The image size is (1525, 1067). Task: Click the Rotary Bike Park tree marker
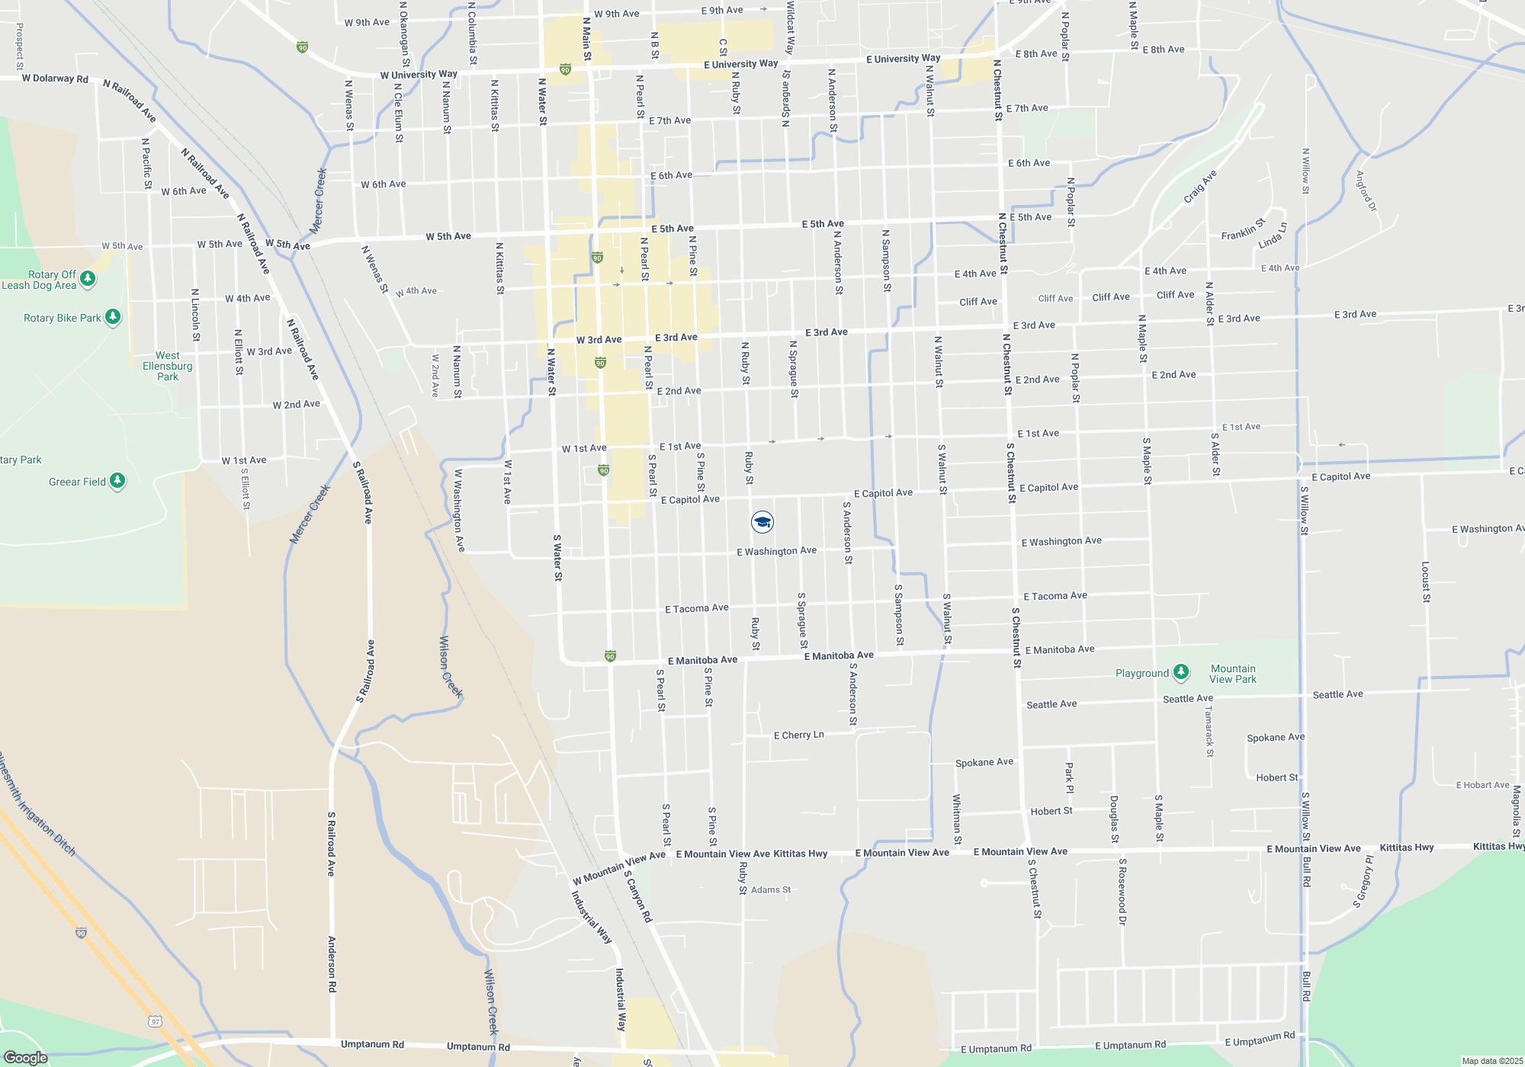click(113, 316)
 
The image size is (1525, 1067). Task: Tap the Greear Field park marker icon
click(117, 481)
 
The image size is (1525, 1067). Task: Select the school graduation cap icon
click(762, 522)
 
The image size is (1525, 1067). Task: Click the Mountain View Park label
click(1233, 674)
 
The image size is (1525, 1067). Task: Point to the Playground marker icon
click(1181, 671)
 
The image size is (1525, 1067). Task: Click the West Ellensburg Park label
click(168, 366)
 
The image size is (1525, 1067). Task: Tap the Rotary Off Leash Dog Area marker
click(88, 279)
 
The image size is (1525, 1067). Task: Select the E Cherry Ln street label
click(798, 735)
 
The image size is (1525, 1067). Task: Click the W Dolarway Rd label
click(55, 79)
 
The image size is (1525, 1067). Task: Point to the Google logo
click(25, 1058)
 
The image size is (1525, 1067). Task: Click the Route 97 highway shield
click(156, 1021)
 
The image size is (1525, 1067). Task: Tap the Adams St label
click(771, 889)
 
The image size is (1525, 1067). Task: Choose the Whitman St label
click(957, 819)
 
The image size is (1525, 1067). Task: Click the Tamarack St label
click(1209, 731)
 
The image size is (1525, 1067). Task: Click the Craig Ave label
click(1200, 187)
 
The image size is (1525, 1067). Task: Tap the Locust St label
click(1426, 582)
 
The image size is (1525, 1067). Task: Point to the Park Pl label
click(1069, 777)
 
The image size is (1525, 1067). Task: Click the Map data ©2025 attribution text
click(1492, 1061)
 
